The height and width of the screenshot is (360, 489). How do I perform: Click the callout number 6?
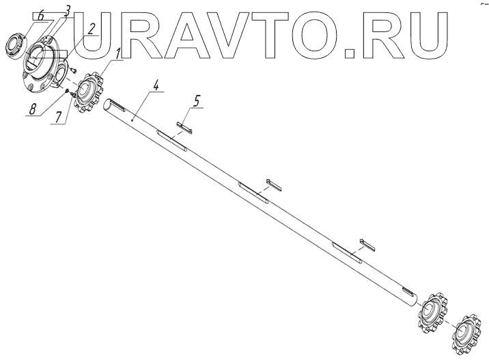coord(22,15)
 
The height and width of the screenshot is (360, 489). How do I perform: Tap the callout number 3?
coord(68,10)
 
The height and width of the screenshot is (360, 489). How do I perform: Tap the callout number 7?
coord(59,117)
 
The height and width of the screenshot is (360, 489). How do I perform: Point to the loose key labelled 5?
coord(185,126)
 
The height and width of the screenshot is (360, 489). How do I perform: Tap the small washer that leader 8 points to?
coord(68,92)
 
